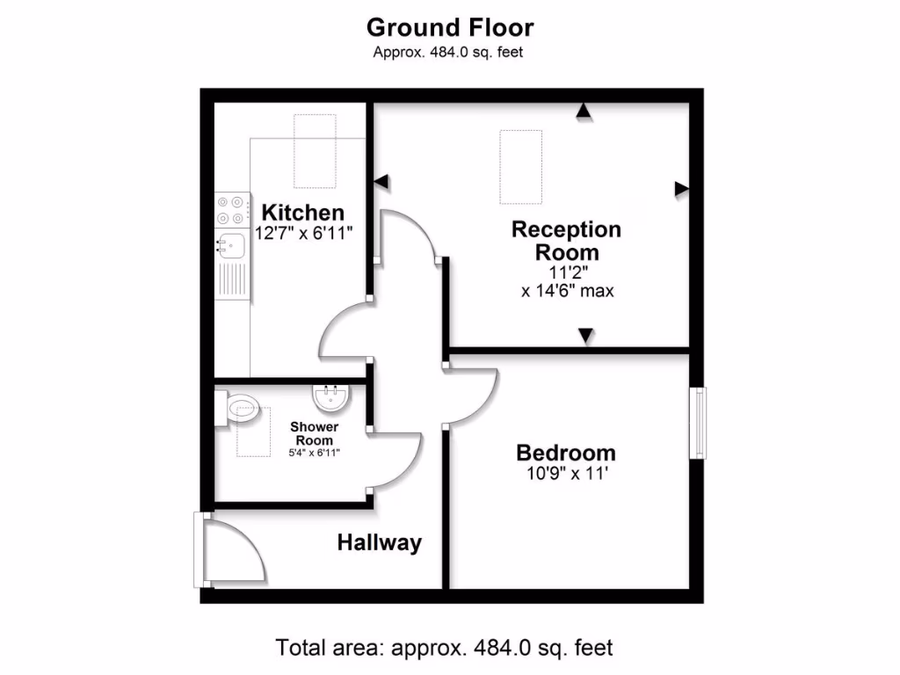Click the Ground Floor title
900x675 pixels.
click(x=449, y=27)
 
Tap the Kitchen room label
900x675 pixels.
click(x=303, y=213)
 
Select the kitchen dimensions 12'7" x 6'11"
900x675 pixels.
click(x=303, y=234)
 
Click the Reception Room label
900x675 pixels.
click(x=566, y=241)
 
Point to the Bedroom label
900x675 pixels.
click(x=565, y=454)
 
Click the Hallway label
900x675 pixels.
click(x=379, y=543)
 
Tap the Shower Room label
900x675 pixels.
click(x=314, y=433)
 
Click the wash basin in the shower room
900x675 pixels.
click(x=331, y=401)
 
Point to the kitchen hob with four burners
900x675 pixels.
click(x=230, y=209)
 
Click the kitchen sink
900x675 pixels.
click(x=230, y=243)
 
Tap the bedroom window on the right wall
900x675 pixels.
click(x=697, y=423)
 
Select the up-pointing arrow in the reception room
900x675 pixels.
click(x=582, y=111)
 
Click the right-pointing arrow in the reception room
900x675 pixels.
click(x=681, y=188)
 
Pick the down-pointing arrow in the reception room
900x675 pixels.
click(x=585, y=336)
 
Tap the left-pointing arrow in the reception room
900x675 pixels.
click(x=381, y=181)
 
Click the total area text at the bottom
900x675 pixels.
click(x=444, y=649)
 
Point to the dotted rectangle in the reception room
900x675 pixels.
click(x=521, y=167)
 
